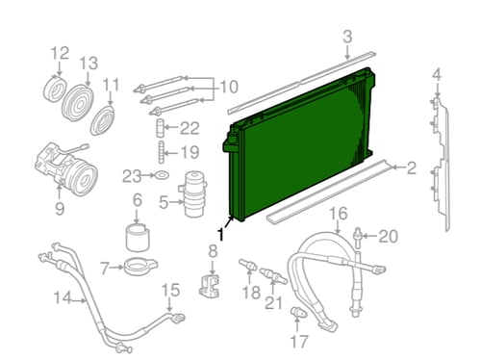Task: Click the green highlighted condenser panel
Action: pos(300,144)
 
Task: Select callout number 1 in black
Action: pos(220,234)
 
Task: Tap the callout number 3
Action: pos(347,37)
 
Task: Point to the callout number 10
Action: pos(228,87)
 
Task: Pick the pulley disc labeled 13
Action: pos(77,103)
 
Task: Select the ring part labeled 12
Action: pos(55,89)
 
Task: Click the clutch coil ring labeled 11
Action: pos(103,121)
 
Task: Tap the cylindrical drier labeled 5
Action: pos(194,194)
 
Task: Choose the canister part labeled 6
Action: pos(138,238)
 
